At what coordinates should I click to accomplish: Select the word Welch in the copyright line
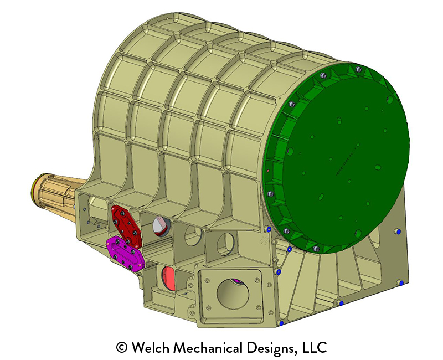150,348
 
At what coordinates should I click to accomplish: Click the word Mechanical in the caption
209,348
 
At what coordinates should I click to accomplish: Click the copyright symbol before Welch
121,348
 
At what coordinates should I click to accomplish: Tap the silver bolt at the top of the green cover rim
358,70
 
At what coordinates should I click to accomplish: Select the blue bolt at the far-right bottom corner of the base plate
400,283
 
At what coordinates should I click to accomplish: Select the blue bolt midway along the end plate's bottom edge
341,303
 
